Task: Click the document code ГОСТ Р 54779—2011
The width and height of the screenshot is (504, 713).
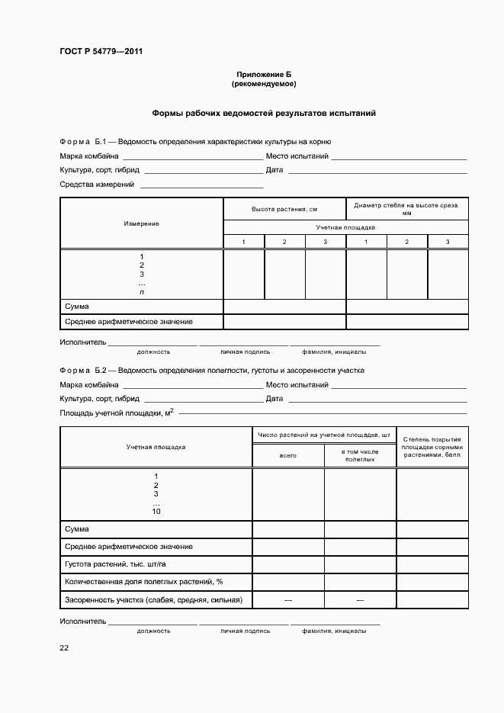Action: [101, 52]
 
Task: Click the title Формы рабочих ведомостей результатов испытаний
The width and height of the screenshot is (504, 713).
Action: [264, 114]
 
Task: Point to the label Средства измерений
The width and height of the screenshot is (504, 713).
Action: [97, 185]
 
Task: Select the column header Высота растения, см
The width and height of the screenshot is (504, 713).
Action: [284, 208]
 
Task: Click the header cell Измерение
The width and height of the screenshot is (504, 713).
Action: [141, 223]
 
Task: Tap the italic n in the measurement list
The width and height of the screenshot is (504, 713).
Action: [141, 292]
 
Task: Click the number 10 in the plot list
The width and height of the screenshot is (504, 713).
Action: [156, 512]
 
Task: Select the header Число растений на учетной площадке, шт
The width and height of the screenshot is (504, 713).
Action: [324, 435]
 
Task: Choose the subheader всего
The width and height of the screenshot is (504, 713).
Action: [288, 455]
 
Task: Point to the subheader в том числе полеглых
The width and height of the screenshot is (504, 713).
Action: [360, 455]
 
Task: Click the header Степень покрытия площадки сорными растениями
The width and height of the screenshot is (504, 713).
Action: [432, 446]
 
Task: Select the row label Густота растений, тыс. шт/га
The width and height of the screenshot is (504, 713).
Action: [118, 564]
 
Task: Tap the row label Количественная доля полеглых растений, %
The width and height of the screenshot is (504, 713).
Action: [143, 582]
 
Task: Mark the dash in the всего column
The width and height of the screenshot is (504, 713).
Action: [288, 600]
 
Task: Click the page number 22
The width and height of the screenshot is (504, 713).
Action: [64, 647]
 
